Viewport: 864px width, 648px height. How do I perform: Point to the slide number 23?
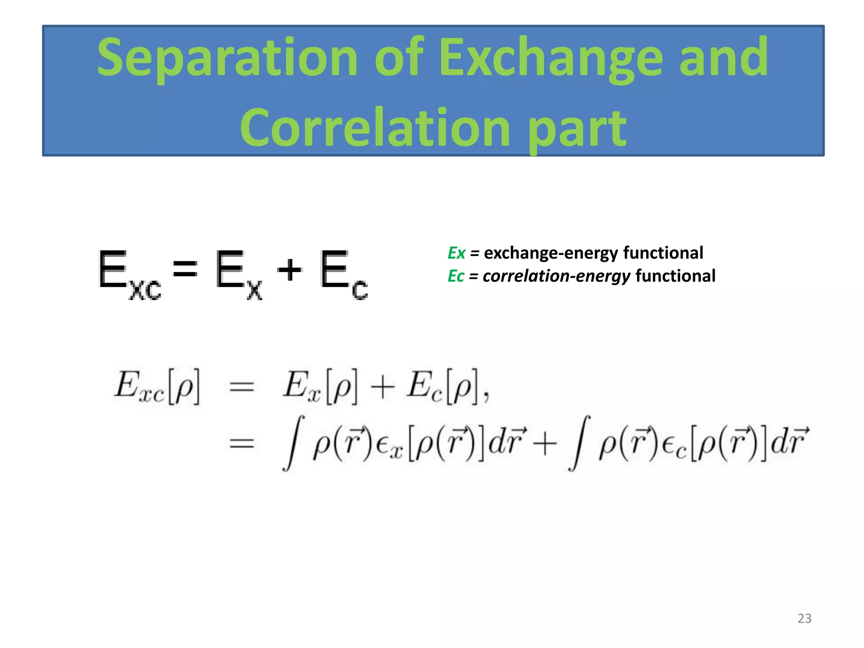tap(804, 618)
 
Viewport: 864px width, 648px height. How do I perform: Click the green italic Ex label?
tap(456, 253)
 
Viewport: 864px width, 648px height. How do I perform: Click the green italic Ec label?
tap(456, 276)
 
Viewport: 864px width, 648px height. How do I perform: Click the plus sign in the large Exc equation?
tap(289, 270)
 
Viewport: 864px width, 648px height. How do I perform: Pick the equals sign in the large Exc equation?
tap(185, 269)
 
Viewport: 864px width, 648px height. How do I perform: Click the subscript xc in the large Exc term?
tap(145, 290)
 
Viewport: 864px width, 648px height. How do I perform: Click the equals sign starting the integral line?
tap(241, 443)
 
